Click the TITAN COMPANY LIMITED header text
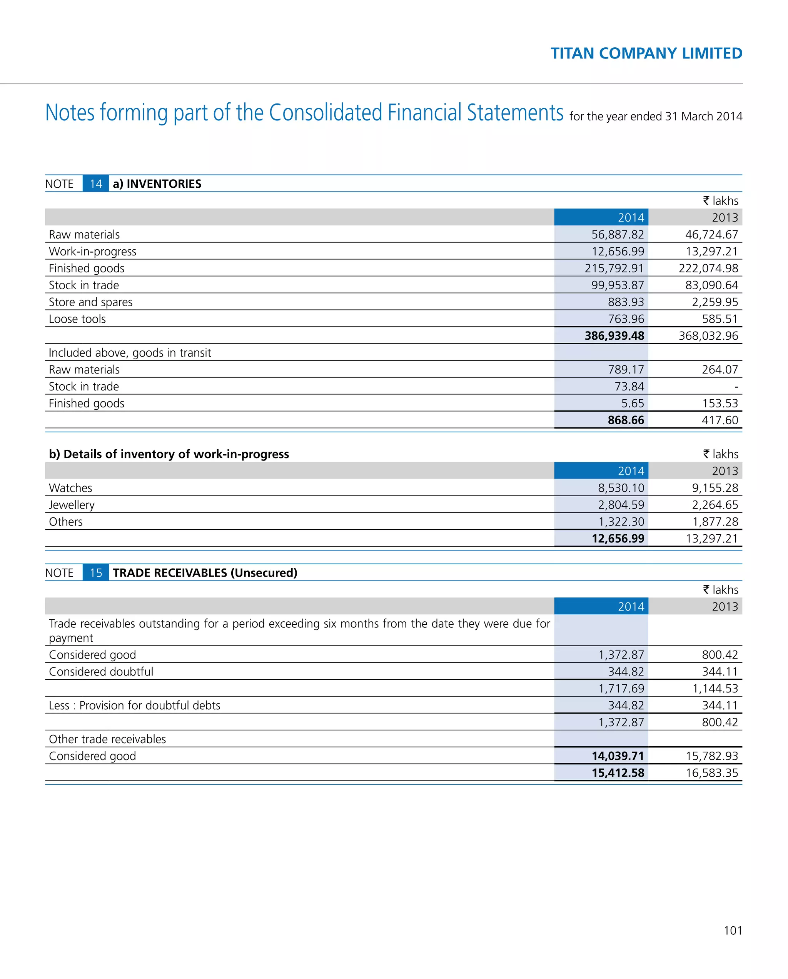[x=646, y=53]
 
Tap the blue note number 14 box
[x=95, y=184]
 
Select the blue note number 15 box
[x=95, y=573]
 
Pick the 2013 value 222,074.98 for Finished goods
[x=708, y=269]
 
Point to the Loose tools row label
[x=77, y=319]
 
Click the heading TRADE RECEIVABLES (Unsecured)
[x=205, y=573]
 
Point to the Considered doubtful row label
[x=101, y=672]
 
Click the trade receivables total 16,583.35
[x=712, y=773]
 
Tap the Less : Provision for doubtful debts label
[x=134, y=705]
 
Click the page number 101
[x=732, y=931]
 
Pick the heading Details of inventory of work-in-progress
[x=169, y=454]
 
